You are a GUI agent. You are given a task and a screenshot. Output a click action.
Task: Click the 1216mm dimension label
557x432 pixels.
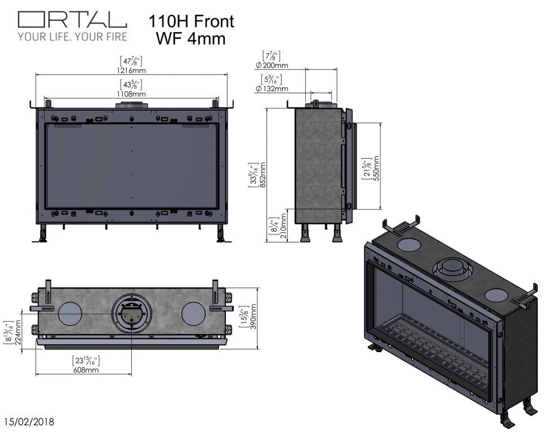(x=132, y=70)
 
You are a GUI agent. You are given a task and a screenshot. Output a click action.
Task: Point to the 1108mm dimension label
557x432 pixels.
(x=131, y=94)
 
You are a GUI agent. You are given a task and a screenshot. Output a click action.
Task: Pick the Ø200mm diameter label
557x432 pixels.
(x=271, y=65)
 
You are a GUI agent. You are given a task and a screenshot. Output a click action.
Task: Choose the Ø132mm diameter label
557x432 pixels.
(x=271, y=88)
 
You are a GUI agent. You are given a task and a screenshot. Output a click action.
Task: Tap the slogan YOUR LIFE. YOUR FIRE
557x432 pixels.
(x=72, y=37)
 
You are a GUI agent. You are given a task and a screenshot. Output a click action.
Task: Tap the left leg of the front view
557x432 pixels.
(x=43, y=234)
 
